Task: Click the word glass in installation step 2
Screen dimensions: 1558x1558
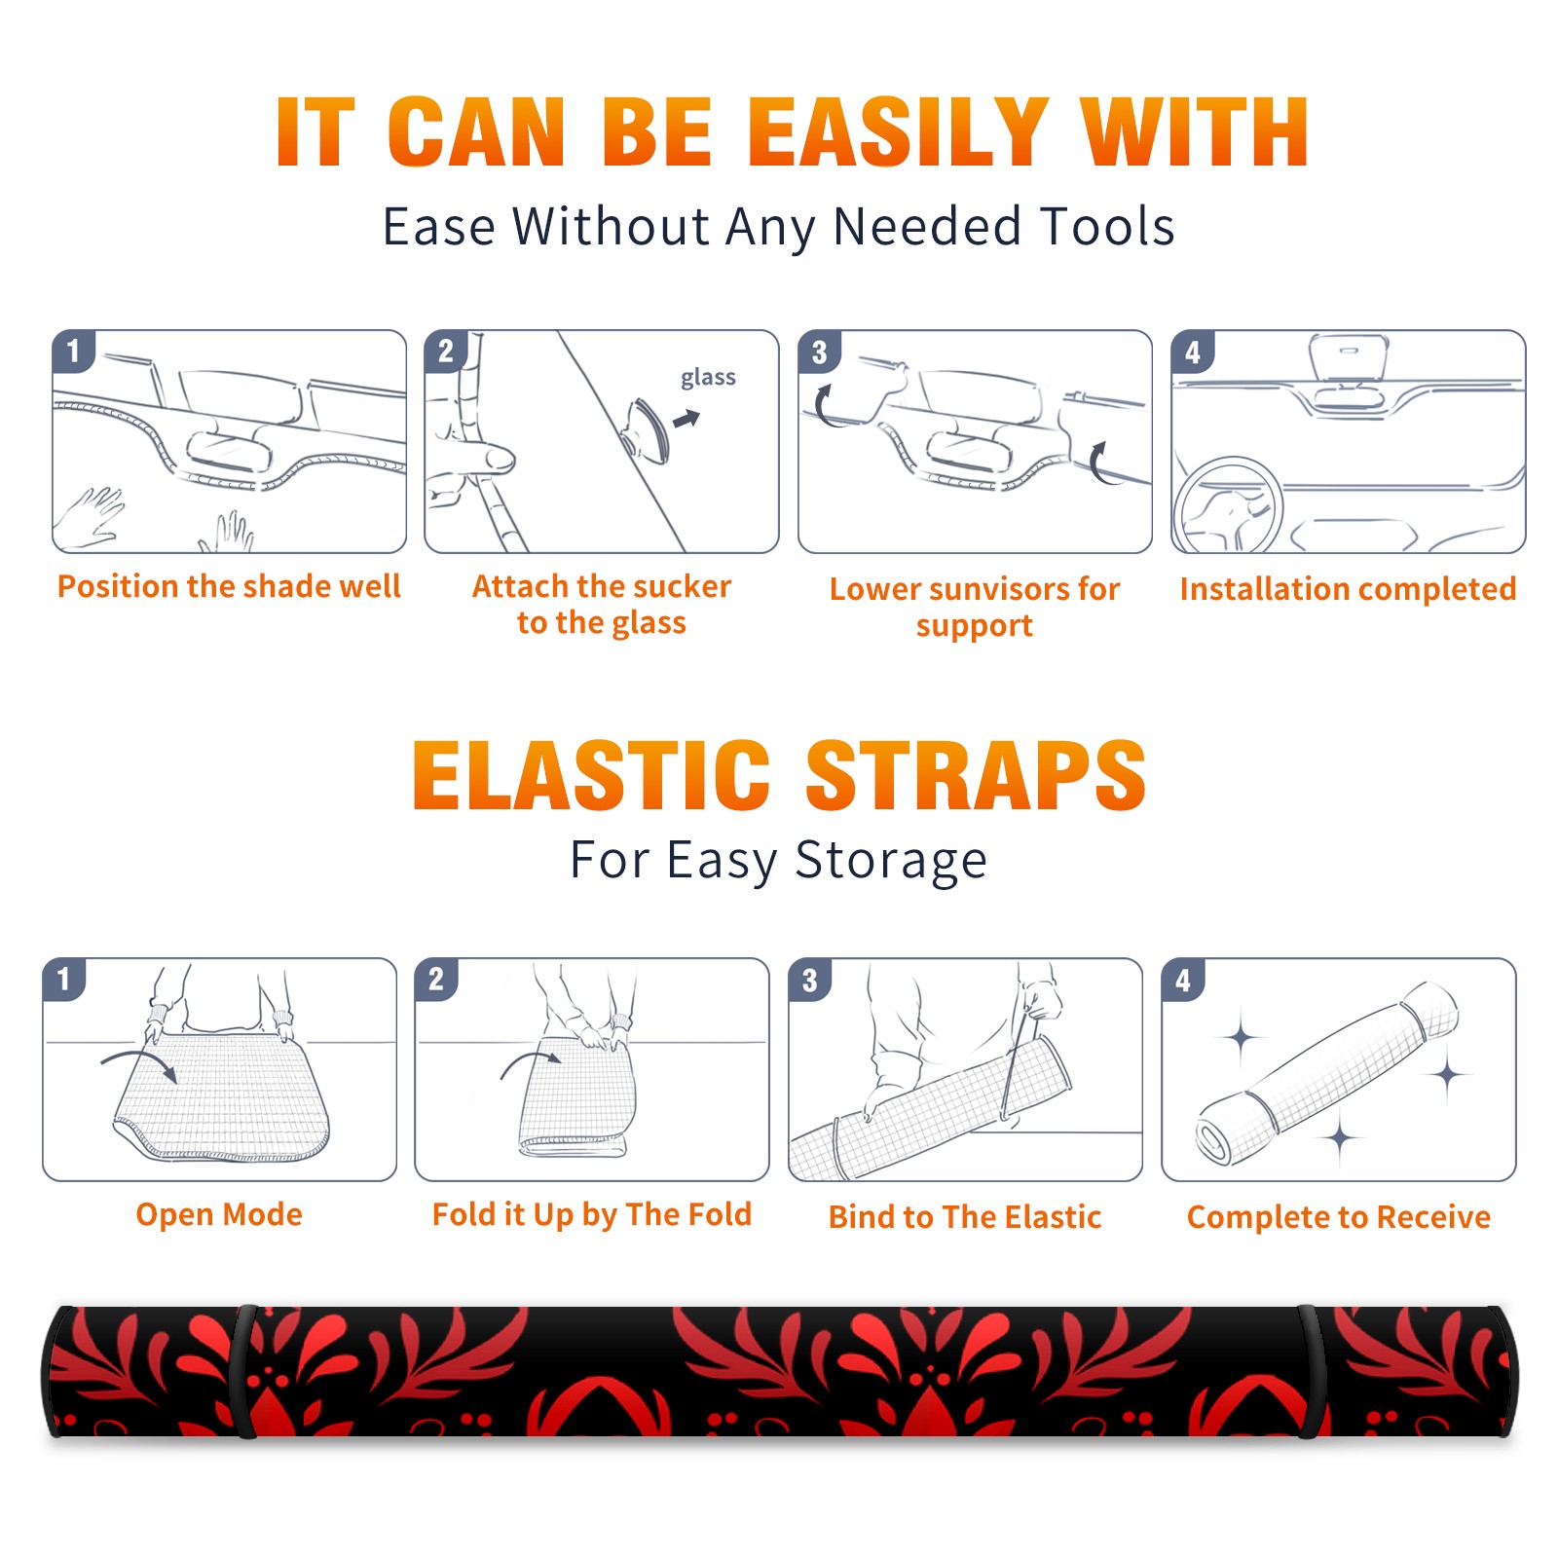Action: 708,378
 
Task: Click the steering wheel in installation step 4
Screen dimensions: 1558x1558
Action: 1229,505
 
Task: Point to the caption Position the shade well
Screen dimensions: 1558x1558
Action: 229,586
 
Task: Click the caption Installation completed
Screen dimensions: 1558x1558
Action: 1348,589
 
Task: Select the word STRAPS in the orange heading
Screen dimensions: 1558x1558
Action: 976,775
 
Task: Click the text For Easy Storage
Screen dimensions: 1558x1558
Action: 779,861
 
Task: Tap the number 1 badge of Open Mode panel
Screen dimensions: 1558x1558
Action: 64,979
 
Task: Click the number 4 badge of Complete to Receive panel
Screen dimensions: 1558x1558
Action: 1183,980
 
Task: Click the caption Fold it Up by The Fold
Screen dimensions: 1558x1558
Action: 592,1215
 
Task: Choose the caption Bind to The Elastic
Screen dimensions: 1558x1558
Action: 965,1217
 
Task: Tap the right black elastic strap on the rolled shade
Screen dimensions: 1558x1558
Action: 1311,1372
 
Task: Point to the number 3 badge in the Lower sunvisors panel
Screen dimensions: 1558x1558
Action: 819,352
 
